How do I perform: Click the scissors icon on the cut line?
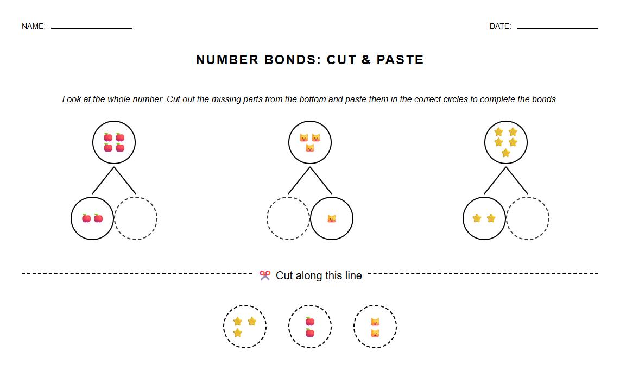(265, 275)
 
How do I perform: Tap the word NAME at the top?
(33, 26)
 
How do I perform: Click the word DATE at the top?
(500, 26)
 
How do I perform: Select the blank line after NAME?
(92, 28)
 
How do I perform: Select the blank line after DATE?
(557, 28)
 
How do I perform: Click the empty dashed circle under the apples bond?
(136, 218)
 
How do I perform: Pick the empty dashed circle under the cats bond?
(288, 218)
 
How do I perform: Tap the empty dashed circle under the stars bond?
(528, 218)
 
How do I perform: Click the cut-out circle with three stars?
(245, 327)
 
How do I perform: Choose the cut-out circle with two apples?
(310, 327)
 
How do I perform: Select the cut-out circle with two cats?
(375, 327)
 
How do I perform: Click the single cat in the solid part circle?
(332, 218)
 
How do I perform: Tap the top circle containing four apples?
(114, 142)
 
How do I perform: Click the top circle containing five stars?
(505, 142)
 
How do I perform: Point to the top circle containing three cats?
(310, 142)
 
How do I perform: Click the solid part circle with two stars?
(484, 218)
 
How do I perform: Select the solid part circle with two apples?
(92, 218)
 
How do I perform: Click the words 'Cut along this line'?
(319, 275)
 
